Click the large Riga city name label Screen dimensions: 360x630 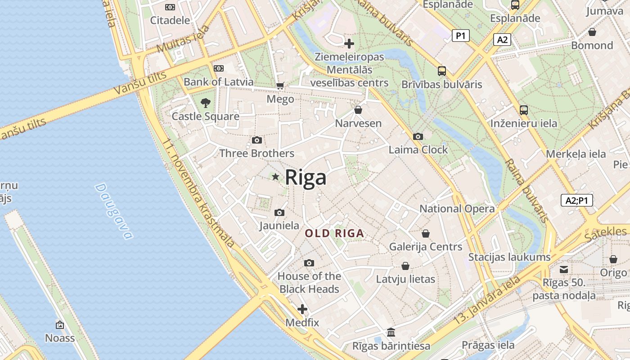click(306, 178)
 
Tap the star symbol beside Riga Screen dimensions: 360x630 click(275, 177)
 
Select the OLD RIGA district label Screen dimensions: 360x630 click(334, 234)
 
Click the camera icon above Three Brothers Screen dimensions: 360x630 click(257, 140)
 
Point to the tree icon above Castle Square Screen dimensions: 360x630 click(206, 103)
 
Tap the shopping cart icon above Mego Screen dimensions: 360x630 click(280, 85)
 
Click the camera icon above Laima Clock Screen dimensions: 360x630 click(418, 136)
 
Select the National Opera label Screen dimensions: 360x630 click(457, 209)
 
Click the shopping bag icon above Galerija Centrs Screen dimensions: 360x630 click(426, 234)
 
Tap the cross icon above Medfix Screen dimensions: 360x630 click(302, 309)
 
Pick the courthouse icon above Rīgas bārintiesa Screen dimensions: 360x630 click(391, 333)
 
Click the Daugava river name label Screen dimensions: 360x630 click(114, 211)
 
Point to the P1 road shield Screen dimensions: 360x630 click(460, 36)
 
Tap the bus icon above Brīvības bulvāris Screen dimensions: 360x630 click(442, 71)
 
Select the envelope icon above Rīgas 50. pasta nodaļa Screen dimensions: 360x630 click(564, 270)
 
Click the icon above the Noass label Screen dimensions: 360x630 click(60, 325)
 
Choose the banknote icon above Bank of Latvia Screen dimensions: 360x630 click(219, 68)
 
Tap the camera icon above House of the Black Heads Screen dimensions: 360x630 click(309, 263)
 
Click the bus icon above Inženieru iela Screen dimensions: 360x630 click(524, 110)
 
